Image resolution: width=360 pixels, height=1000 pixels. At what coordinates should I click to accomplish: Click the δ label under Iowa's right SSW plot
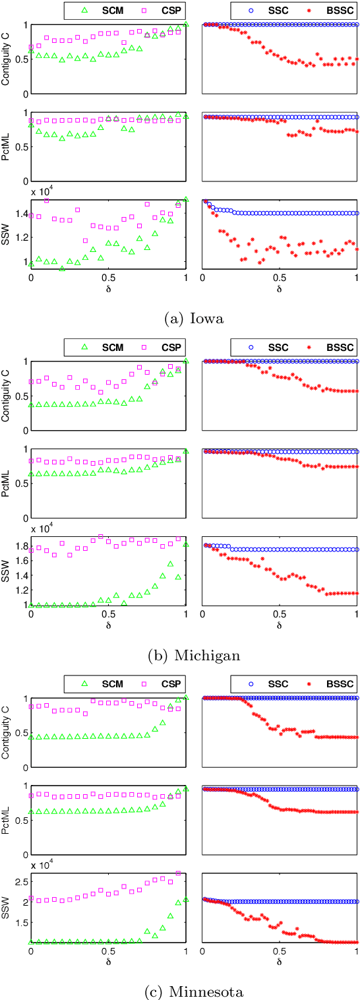click(x=280, y=288)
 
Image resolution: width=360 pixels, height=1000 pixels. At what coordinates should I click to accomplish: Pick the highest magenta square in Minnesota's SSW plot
click(x=178, y=873)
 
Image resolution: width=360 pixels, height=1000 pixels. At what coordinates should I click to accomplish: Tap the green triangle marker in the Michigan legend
click(x=84, y=346)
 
